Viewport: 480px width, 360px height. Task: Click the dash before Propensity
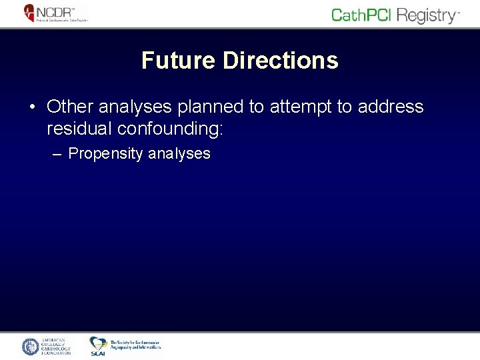(x=57, y=154)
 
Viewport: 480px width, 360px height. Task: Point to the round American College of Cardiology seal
(x=31, y=347)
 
